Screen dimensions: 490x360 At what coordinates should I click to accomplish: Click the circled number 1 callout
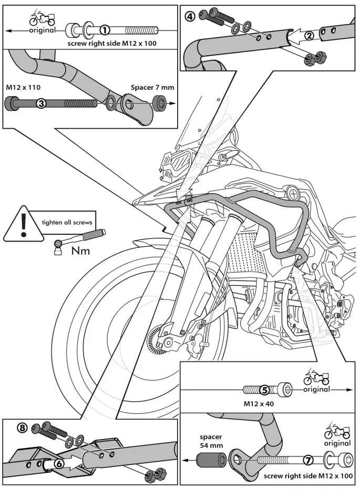click(x=105, y=30)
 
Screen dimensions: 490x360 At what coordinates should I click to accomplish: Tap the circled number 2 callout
click(x=310, y=35)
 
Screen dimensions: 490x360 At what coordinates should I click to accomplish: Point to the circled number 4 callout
click(x=190, y=16)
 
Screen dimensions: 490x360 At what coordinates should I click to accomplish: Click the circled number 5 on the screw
click(x=265, y=389)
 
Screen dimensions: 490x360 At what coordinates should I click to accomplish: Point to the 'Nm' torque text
click(x=80, y=251)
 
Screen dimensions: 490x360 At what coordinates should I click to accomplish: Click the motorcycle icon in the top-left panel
click(x=41, y=19)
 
